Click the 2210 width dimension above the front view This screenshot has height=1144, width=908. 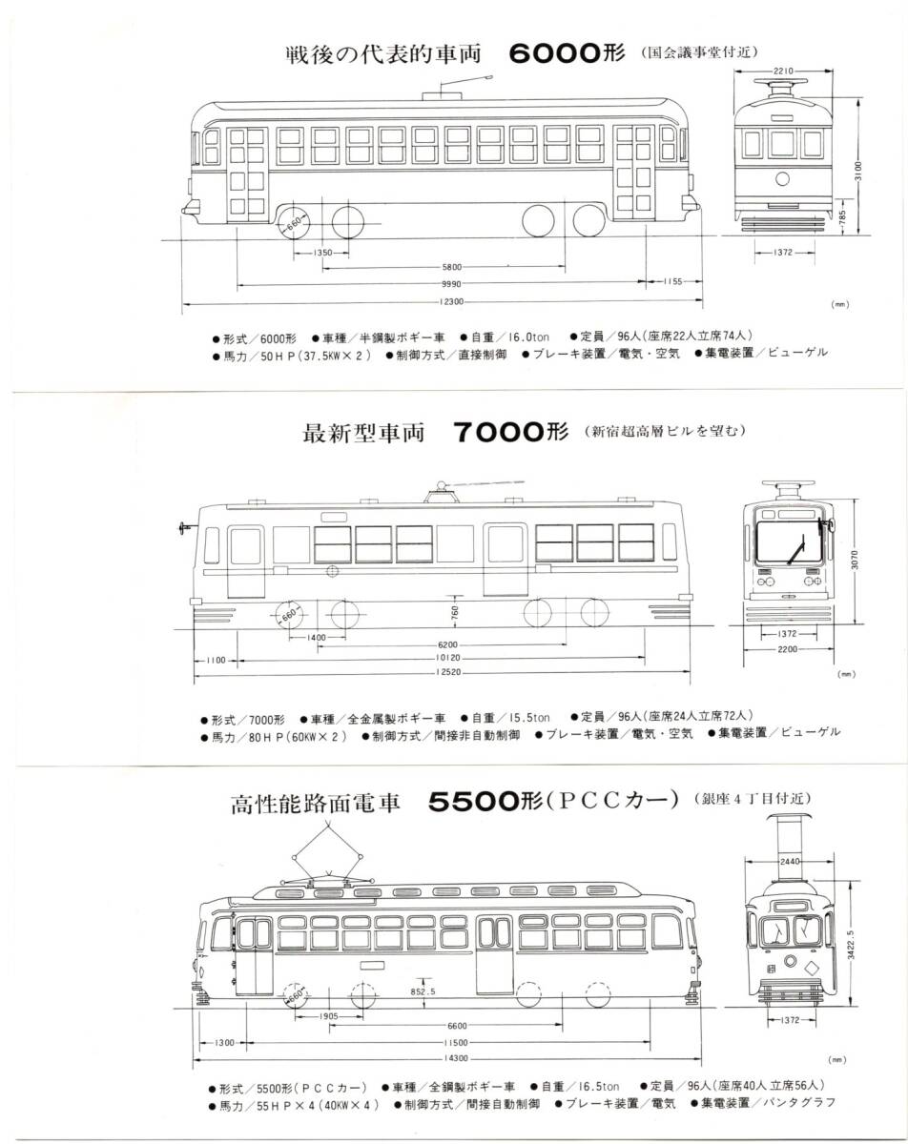tap(785, 71)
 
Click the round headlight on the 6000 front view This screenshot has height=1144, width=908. tap(783, 178)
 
